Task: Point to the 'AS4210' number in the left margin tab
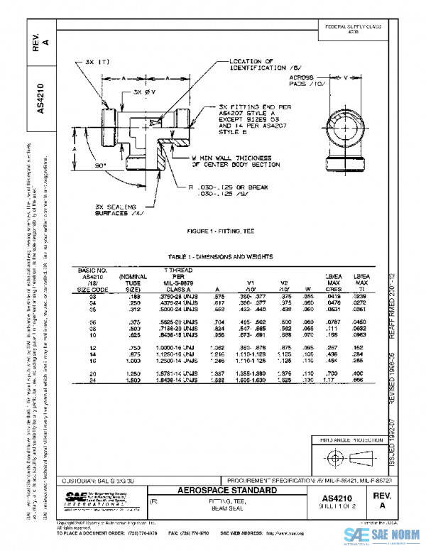click(x=41, y=100)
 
